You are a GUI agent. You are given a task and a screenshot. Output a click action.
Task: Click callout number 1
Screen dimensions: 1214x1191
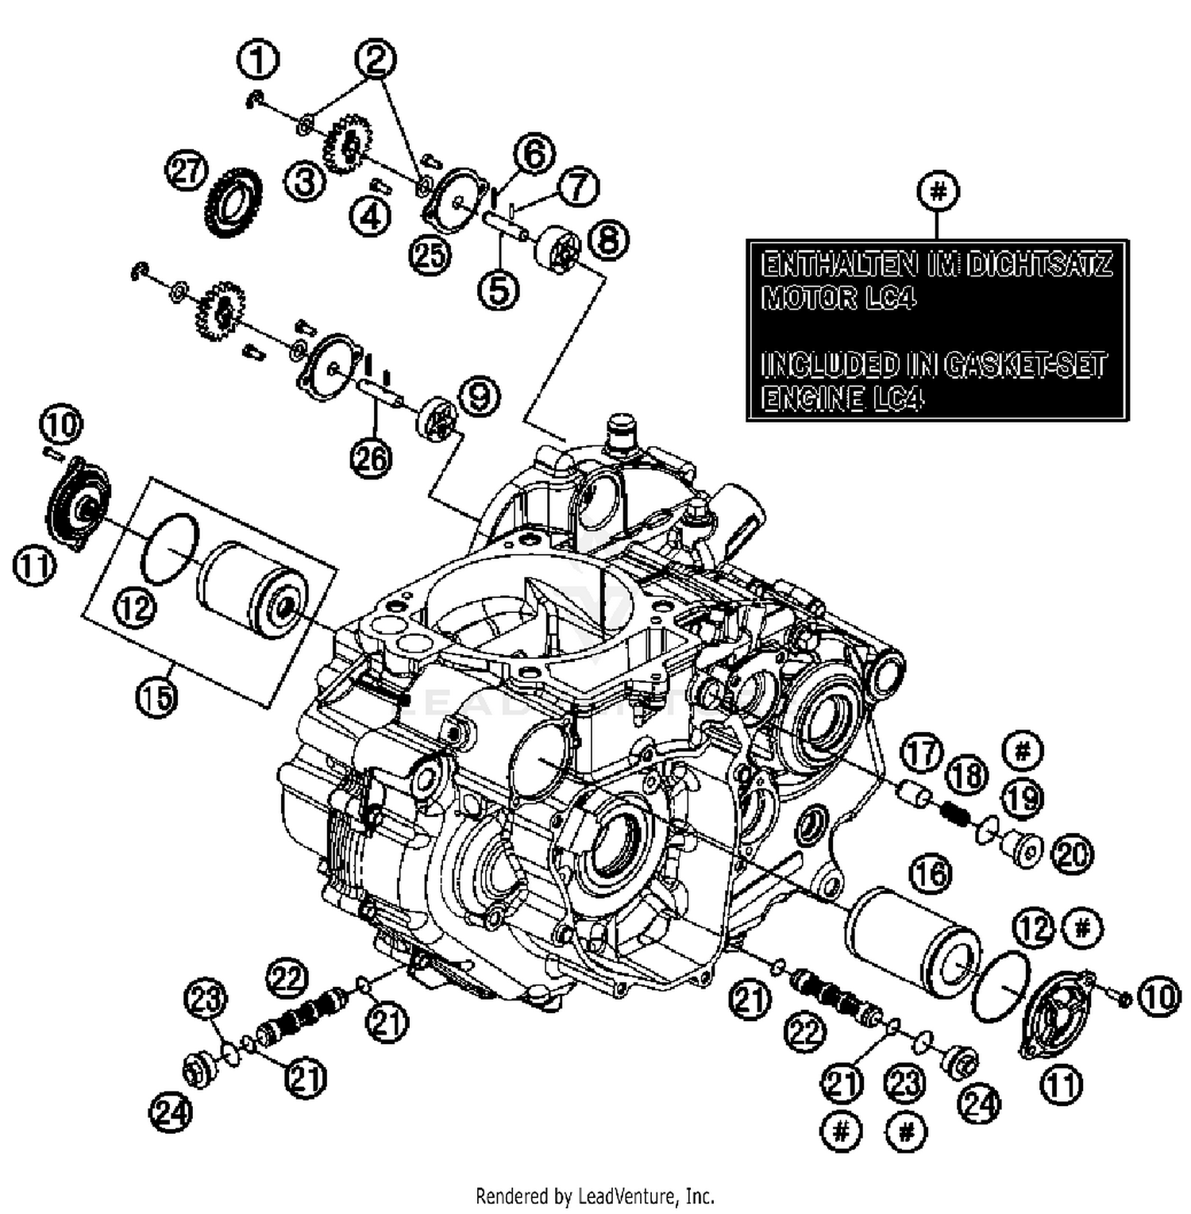[258, 60]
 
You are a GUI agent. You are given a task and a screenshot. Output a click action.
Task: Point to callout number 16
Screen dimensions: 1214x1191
[931, 873]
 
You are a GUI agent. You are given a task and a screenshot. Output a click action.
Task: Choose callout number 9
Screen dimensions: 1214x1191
[480, 395]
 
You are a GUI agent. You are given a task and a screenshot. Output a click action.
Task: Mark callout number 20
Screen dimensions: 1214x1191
[1072, 854]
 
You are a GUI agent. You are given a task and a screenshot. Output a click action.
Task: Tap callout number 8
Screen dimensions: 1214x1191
[607, 240]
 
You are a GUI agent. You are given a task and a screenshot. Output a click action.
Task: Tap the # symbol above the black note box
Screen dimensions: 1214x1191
[938, 191]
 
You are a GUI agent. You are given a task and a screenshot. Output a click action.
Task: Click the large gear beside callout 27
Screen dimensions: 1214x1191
[234, 202]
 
